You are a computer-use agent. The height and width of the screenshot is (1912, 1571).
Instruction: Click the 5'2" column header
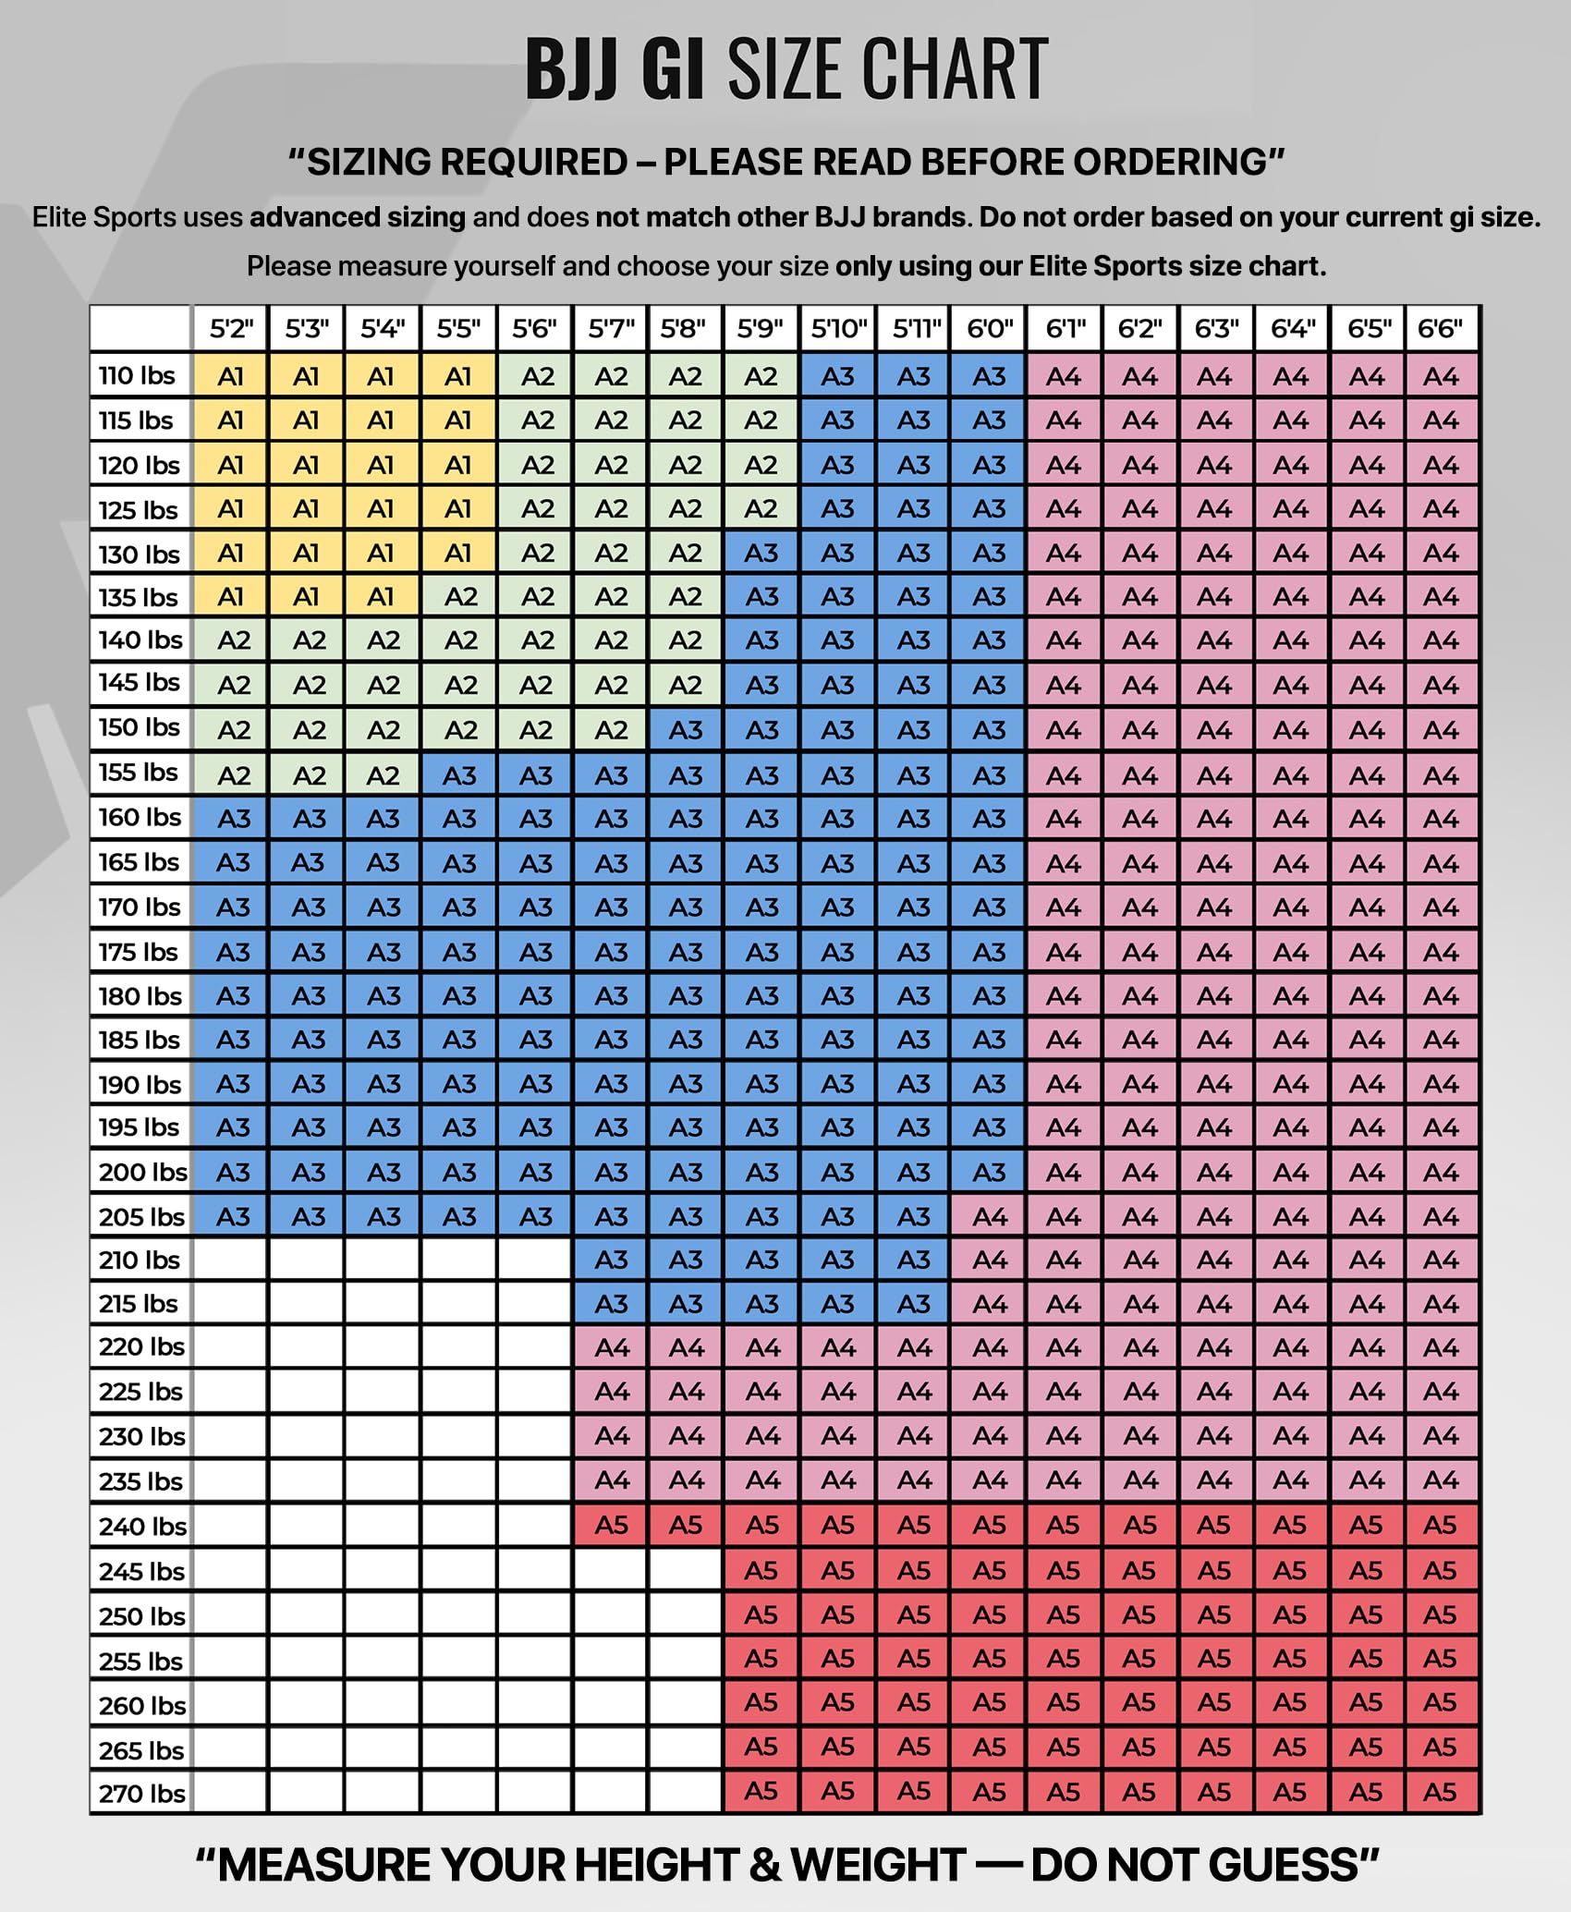[x=231, y=328]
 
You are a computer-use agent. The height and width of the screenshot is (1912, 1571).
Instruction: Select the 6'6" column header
[x=1441, y=328]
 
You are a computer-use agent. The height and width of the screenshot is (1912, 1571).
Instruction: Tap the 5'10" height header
[x=838, y=328]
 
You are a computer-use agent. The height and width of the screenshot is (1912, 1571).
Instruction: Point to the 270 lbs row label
[x=142, y=1794]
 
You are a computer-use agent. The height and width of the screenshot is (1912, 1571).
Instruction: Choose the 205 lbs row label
[x=142, y=1216]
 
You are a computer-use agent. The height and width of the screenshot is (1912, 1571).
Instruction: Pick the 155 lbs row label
[x=139, y=773]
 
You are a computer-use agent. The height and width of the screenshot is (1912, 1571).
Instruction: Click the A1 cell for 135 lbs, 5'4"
[x=382, y=597]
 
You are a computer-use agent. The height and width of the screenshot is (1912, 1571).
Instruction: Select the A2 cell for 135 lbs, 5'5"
[x=458, y=597]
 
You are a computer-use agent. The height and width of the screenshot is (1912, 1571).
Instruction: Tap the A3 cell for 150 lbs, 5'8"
[x=686, y=730]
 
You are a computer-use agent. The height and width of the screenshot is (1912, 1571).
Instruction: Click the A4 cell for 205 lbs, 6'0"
[x=989, y=1217]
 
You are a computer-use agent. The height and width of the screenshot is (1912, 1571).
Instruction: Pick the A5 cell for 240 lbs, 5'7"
[x=611, y=1526]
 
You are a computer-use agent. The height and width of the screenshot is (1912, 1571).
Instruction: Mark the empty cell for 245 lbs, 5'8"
[x=686, y=1570]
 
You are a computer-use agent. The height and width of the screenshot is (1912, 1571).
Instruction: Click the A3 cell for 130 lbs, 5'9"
[x=761, y=553]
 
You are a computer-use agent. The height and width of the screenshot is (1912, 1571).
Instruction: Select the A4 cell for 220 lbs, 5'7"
[x=611, y=1348]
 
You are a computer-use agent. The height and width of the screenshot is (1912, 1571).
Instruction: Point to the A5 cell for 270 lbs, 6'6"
[x=1441, y=1793]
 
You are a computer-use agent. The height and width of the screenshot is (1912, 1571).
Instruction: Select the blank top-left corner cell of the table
[x=141, y=328]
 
